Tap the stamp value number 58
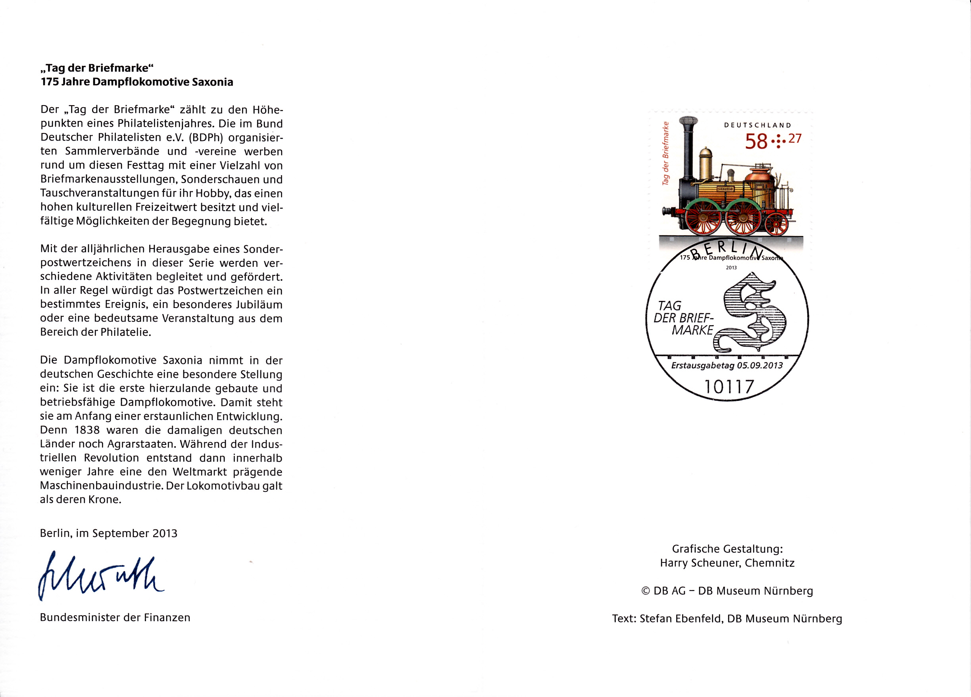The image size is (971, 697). [756, 142]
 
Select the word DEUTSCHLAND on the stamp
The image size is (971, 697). [758, 125]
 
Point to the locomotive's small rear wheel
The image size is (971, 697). [776, 224]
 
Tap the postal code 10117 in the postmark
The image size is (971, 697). [729, 387]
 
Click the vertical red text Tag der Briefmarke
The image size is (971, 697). [665, 153]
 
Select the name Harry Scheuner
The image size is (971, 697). [700, 563]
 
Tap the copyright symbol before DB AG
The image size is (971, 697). [646, 591]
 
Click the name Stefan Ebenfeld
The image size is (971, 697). [681, 619]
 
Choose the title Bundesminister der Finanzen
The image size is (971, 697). [115, 617]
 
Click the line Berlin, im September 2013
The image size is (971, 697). [109, 533]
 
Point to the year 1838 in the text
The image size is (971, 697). [87, 430]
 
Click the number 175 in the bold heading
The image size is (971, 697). [50, 82]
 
